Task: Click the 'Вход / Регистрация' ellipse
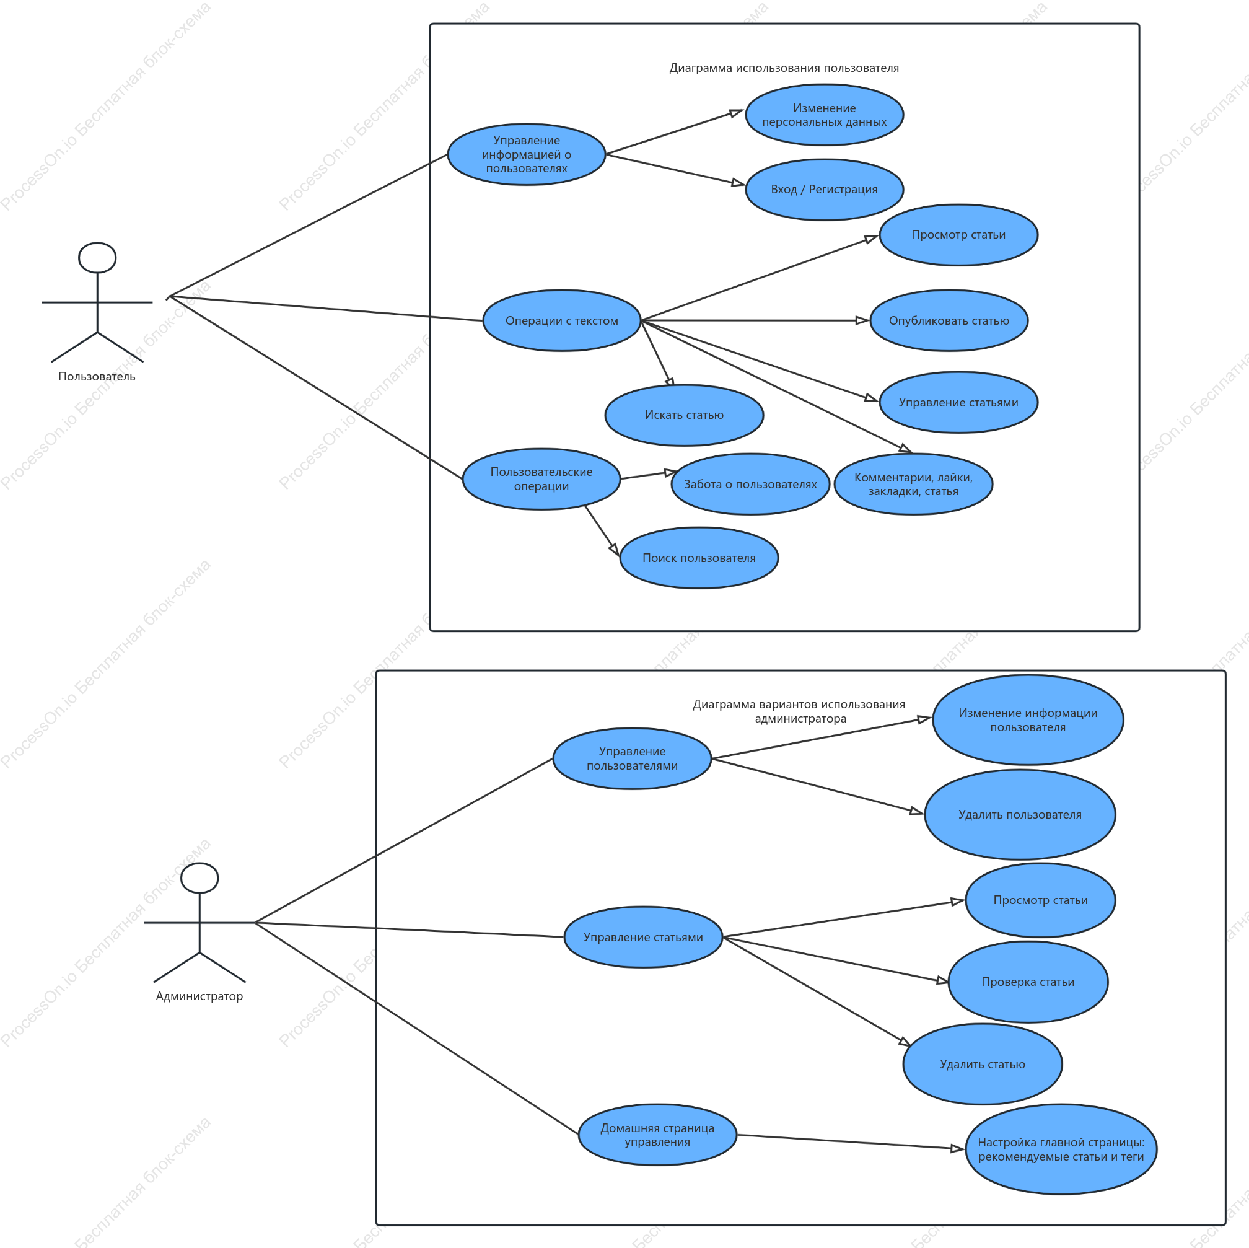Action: [x=824, y=190]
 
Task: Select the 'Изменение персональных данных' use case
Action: [x=824, y=115]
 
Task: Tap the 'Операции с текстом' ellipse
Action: [x=562, y=321]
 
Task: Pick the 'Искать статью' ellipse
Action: [x=684, y=415]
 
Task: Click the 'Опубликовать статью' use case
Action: [x=949, y=321]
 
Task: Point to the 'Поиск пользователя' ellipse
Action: [x=699, y=558]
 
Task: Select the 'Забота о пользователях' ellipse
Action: [x=750, y=485]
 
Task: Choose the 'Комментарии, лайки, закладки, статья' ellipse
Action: [x=913, y=485]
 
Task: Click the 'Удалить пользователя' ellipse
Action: [x=1020, y=815]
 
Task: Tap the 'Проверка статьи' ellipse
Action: [x=1028, y=982]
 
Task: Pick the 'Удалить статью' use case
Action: [x=983, y=1065]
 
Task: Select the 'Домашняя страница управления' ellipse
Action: [x=657, y=1135]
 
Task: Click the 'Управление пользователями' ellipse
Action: [x=633, y=758]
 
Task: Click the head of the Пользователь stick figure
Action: [x=98, y=258]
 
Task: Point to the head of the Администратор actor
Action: [x=199, y=878]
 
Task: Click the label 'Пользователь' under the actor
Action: [x=97, y=376]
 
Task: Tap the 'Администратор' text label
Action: [x=199, y=996]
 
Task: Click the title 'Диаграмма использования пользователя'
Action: [x=784, y=68]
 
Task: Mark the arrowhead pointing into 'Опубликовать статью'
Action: [x=862, y=320]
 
